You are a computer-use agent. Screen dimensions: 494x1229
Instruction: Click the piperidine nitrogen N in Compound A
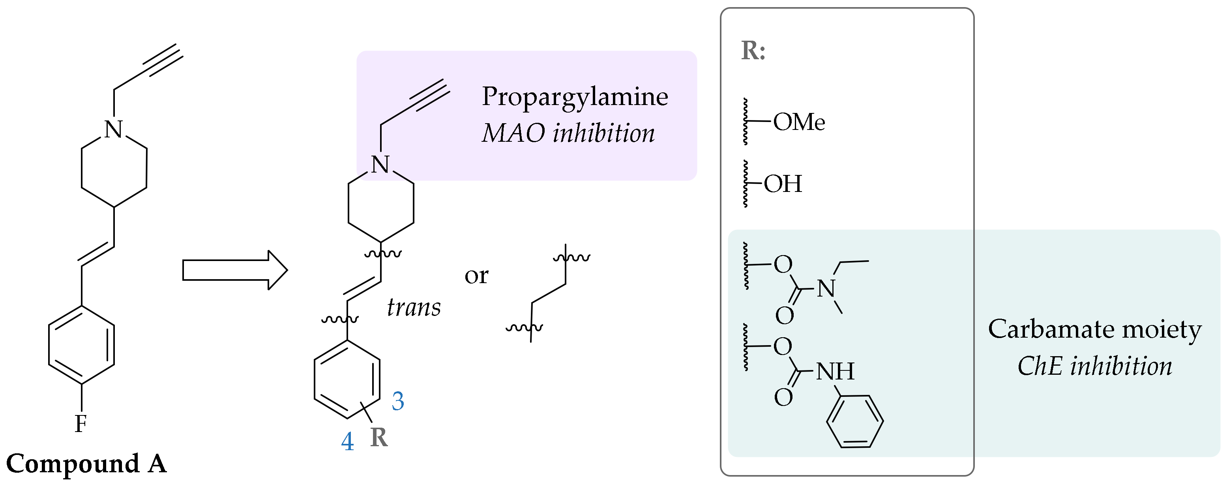pyautogui.click(x=114, y=130)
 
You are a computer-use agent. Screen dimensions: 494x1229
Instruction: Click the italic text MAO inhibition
pyautogui.click(x=568, y=133)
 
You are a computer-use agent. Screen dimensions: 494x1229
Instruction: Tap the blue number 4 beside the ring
pyautogui.click(x=347, y=441)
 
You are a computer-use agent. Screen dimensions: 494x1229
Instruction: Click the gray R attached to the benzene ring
pyautogui.click(x=379, y=438)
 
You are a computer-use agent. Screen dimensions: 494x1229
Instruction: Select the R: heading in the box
pyautogui.click(x=753, y=51)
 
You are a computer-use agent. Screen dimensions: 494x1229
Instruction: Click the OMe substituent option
pyautogui.click(x=799, y=122)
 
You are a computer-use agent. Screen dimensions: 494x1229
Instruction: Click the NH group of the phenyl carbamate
pyautogui.click(x=834, y=371)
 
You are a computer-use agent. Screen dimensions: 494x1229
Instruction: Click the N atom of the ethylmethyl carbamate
pyautogui.click(x=826, y=289)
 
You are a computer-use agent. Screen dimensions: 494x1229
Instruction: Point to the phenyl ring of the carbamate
pyautogui.click(x=854, y=421)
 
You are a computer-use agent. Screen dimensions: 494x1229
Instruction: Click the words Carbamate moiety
pyautogui.click(x=1094, y=329)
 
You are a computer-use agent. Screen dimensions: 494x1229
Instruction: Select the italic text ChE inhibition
pyautogui.click(x=1094, y=366)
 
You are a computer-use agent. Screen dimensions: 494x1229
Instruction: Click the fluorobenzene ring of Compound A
pyautogui.click(x=82, y=345)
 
